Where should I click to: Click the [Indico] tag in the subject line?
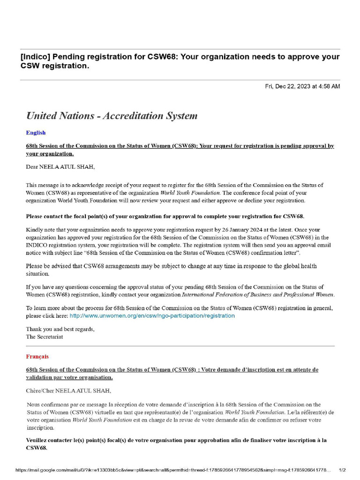35,57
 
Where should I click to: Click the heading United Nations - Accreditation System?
112,116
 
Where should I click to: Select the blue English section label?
36,133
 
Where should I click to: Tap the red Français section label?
37,356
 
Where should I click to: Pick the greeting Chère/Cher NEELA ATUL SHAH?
69,390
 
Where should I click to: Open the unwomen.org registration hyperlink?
152,316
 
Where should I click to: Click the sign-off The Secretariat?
45,336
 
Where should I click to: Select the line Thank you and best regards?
60,329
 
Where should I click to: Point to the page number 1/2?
342,470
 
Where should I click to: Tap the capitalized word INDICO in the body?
38,245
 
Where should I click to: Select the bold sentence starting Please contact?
165,217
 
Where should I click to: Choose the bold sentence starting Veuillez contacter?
176,440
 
